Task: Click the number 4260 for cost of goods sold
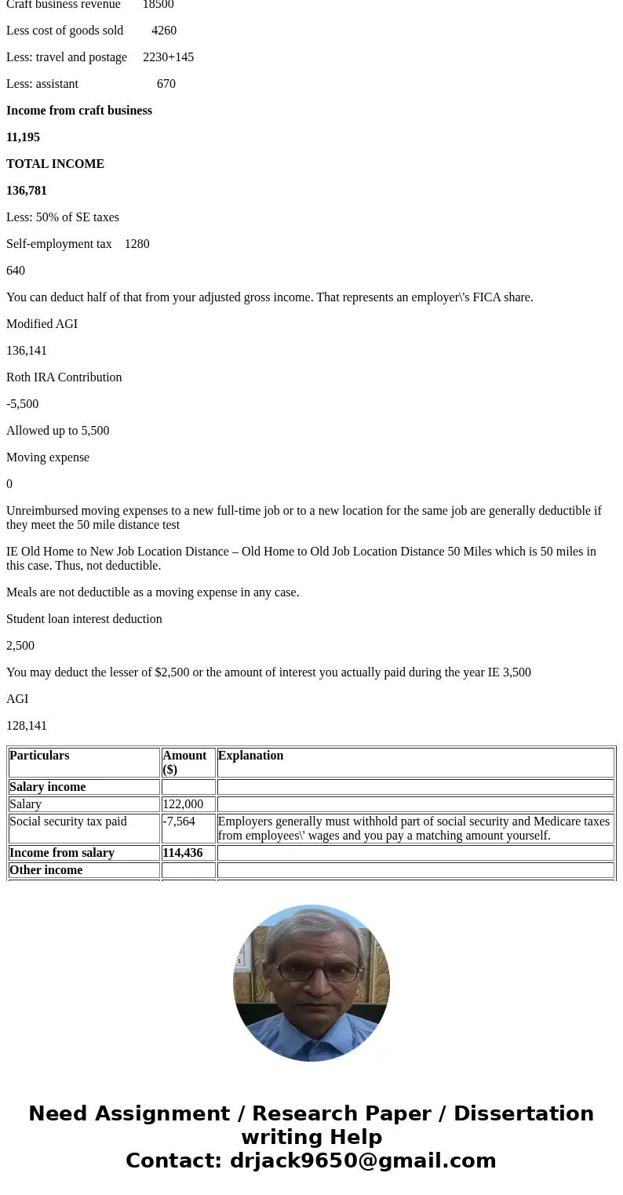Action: coord(164,31)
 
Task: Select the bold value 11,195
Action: coord(23,137)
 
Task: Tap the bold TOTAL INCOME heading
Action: coord(55,164)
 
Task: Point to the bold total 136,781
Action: coord(27,191)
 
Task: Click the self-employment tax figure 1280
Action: coord(137,244)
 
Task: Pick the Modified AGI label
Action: coord(42,324)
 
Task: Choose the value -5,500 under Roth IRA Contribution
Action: coord(22,404)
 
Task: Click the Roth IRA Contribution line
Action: coord(64,377)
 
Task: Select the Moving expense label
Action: coord(48,457)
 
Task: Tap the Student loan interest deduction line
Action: coord(84,619)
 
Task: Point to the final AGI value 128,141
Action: coord(27,726)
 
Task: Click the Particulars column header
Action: coord(39,756)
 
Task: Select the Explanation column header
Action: coord(250,756)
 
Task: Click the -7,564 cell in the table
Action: coord(179,822)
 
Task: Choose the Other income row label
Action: coord(46,870)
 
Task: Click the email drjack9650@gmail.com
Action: coord(363,1160)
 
